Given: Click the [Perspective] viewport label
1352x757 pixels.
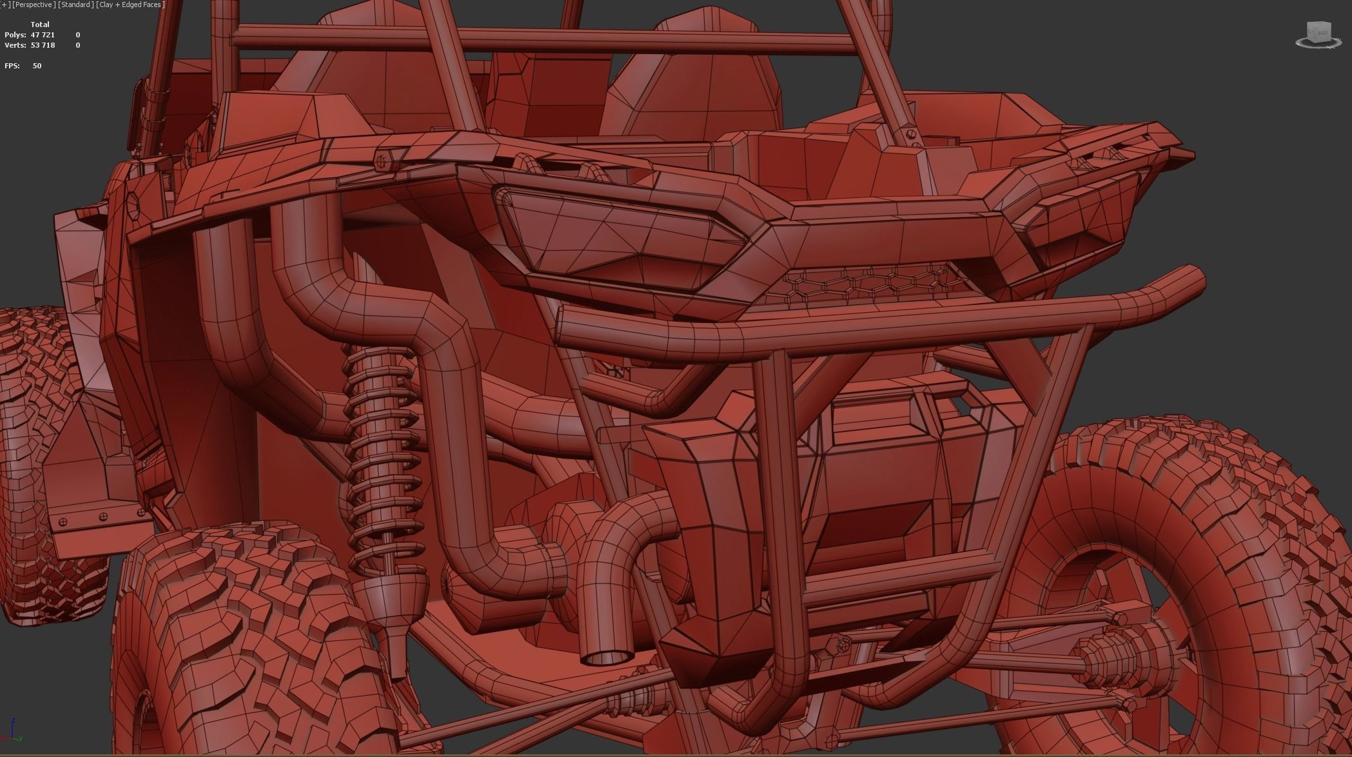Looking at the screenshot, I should click(33, 5).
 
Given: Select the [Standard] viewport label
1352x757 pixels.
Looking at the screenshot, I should click(76, 5).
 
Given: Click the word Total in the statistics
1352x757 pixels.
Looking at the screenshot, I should click(40, 25).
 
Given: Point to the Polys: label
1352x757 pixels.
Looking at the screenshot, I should click(15, 35).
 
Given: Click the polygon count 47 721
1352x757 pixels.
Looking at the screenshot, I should click(43, 35).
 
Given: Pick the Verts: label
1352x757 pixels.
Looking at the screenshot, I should click(15, 45).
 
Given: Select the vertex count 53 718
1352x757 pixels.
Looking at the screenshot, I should click(43, 45).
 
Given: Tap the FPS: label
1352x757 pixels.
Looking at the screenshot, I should click(12, 66).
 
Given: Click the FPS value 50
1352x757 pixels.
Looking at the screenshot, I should click(37, 66).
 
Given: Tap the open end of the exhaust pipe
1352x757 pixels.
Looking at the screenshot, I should click(607, 657).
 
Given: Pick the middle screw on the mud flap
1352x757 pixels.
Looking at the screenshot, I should click(103, 516).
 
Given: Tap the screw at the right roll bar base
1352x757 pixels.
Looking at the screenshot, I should click(910, 133).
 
